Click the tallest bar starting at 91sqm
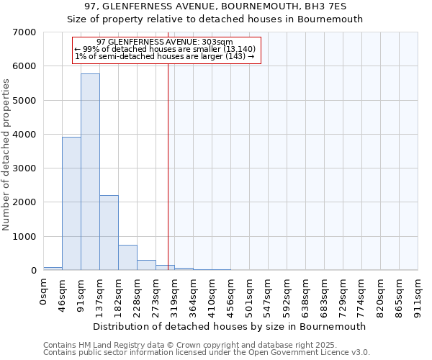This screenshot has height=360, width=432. [x=90, y=172]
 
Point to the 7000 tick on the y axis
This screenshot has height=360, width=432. [x=27, y=32]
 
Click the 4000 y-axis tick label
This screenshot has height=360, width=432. [x=27, y=135]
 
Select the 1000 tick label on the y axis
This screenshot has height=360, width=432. [x=27, y=237]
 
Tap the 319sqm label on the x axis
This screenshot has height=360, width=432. [x=175, y=293]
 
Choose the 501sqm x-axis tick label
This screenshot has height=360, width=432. [x=250, y=293]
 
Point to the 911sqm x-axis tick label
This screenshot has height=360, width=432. [x=418, y=293]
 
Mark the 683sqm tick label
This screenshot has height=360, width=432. [x=325, y=293]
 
